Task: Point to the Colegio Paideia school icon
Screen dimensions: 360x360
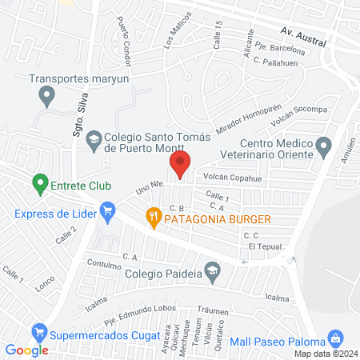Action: (212, 274)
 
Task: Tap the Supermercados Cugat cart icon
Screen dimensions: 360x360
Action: (38, 330)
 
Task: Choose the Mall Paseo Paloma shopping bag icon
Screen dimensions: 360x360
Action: (337, 339)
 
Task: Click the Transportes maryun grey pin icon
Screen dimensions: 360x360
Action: (46, 97)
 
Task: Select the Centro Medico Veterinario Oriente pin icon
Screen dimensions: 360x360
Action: (323, 147)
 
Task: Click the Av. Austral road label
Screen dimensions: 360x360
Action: (304, 37)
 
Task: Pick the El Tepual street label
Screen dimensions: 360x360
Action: (265, 247)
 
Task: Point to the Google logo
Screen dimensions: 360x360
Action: (26, 350)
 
